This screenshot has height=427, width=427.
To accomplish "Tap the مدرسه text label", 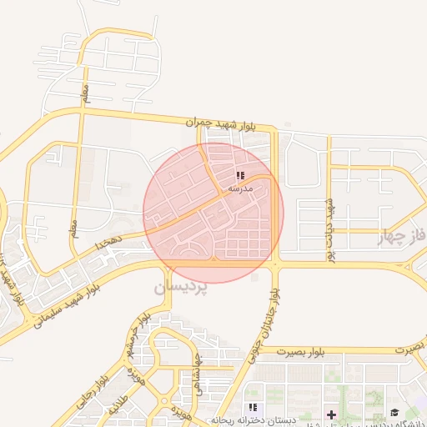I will click(x=240, y=189).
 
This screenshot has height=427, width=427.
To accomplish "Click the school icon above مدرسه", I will click(x=240, y=176).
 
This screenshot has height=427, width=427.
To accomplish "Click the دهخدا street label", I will click(x=108, y=243).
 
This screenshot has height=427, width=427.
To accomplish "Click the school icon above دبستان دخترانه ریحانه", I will click(x=252, y=407).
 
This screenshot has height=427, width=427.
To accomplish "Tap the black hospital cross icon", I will click(x=331, y=414).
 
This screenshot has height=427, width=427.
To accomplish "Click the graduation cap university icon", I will click(x=394, y=413).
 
